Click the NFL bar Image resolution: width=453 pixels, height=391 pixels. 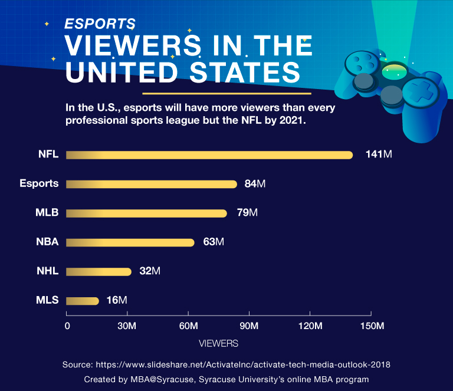tap(209, 155)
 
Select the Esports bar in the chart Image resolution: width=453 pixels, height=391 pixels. tap(152, 184)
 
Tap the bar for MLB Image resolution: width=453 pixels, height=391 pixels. tap(146, 213)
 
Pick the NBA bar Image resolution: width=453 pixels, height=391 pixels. tap(130, 242)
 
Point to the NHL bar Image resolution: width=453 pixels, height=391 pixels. tap(99, 271)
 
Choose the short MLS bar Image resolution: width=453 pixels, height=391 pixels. tap(83, 301)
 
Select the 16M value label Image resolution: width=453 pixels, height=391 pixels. tap(117, 301)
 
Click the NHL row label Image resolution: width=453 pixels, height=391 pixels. tap(48, 271)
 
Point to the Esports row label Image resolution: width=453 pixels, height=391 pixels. tap(39, 183)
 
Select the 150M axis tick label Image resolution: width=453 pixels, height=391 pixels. tap(371, 326)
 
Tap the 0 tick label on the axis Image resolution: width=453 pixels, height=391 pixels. tap(67, 326)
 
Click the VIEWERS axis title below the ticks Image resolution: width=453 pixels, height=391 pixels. tap(218, 343)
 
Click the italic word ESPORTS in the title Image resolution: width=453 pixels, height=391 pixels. tap(100, 24)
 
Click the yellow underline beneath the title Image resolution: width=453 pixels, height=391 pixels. tap(226, 93)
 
